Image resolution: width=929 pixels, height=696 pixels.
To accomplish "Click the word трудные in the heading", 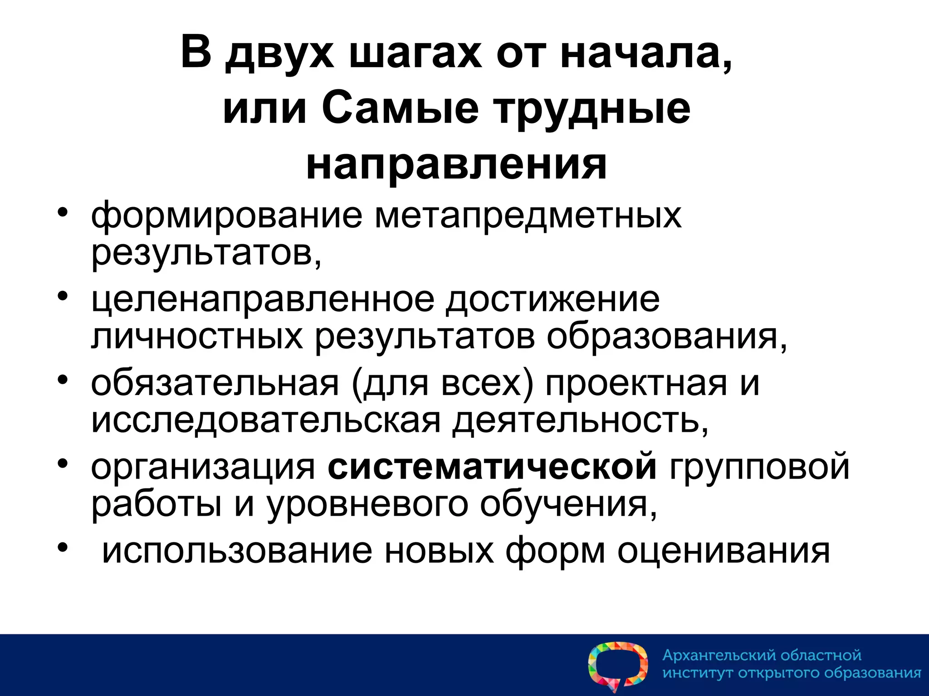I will [x=592, y=110].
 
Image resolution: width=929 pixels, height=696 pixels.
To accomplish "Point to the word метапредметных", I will [x=528, y=216].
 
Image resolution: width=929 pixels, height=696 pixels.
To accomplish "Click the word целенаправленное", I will [x=263, y=300].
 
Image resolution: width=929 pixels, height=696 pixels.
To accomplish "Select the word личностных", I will [x=197, y=338].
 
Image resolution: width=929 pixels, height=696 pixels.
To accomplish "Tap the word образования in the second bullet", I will [x=666, y=338].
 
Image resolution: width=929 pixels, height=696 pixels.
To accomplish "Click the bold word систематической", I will [x=492, y=467].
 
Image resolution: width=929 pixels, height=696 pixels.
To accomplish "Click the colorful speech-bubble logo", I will [x=617, y=666].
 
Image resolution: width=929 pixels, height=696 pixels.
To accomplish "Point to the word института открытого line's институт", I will [x=698, y=673].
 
